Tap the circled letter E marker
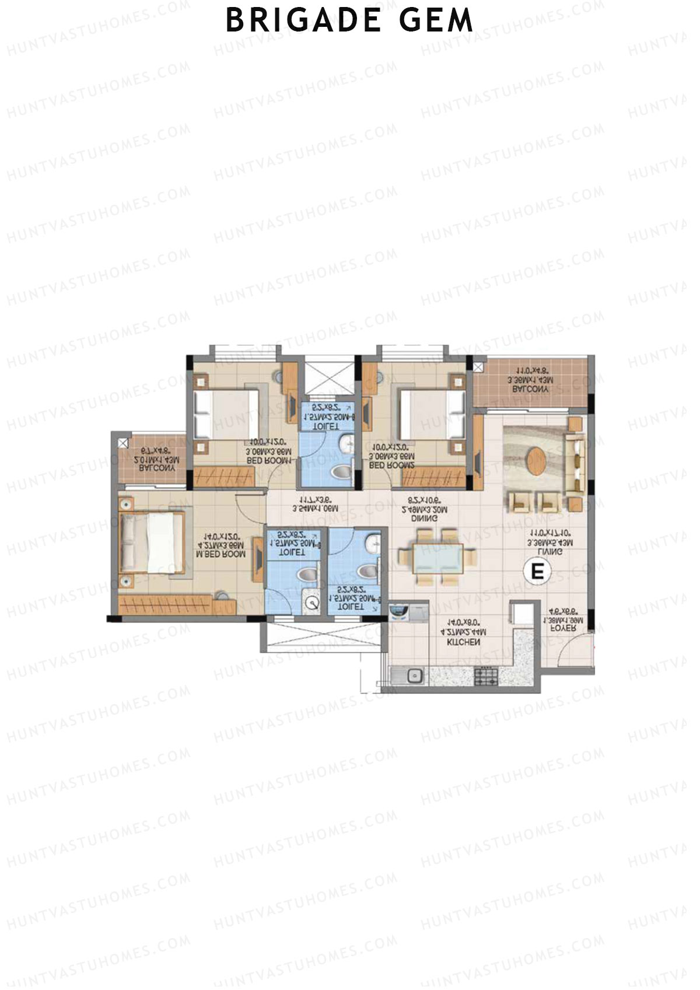537,571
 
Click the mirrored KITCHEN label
463,642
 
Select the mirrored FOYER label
563,629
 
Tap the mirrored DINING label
424,518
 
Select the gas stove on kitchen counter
487,676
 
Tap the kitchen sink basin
415,676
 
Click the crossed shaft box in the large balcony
478,367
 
